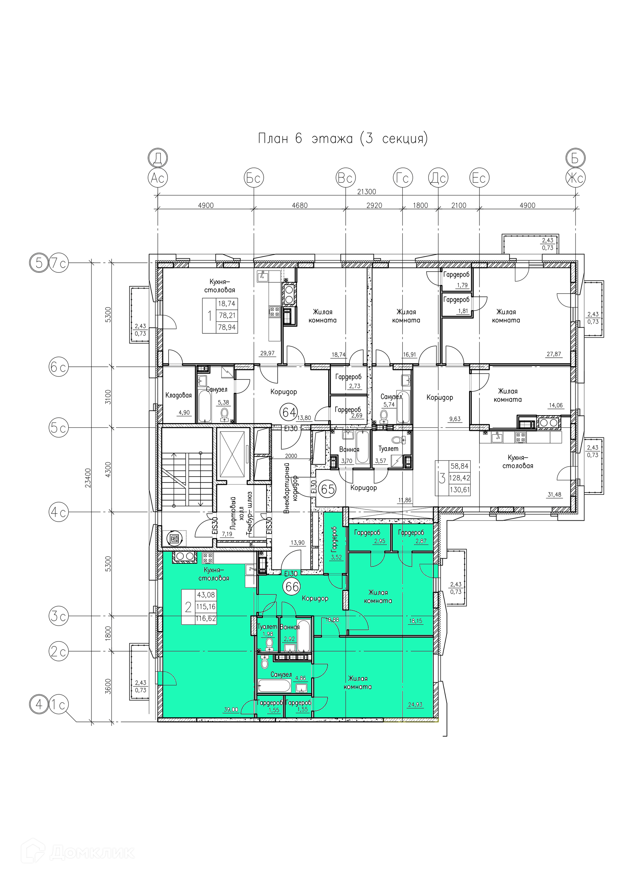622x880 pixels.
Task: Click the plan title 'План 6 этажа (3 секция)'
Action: [343, 138]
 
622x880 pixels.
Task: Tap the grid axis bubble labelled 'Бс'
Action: [254, 178]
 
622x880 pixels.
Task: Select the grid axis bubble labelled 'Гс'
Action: [403, 178]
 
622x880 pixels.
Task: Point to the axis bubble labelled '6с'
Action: [59, 367]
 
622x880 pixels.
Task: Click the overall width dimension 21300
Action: [366, 191]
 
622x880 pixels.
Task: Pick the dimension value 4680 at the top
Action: [300, 205]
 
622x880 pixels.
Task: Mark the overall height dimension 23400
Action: [88, 478]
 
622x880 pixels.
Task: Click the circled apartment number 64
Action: [289, 412]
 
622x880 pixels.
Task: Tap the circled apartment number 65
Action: [328, 490]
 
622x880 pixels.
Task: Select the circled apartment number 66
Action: [292, 586]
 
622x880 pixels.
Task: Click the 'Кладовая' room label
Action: [178, 395]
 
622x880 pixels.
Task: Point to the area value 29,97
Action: [267, 353]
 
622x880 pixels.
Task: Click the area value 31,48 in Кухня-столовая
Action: [554, 494]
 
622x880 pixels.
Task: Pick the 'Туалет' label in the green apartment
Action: [267, 627]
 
